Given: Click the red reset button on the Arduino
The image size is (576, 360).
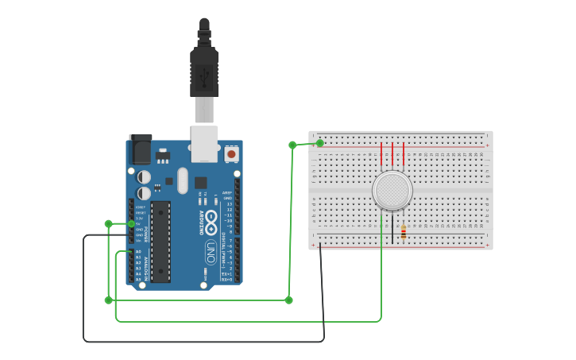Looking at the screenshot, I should point(231,154).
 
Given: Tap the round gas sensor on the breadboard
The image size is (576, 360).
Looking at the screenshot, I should point(392,192).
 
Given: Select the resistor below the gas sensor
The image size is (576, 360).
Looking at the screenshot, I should point(404,232).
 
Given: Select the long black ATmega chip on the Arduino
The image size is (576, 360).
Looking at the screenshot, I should point(160,242).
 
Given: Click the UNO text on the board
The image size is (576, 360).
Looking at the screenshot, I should point(211,253).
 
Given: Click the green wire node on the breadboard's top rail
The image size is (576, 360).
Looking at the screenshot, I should point(320,143).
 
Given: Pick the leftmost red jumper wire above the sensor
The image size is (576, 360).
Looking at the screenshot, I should point(382,153).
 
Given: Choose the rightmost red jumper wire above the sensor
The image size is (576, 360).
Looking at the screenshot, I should point(404,153).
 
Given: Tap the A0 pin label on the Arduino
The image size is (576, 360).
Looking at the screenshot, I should point(138,252).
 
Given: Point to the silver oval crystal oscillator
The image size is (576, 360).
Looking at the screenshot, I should point(183,180).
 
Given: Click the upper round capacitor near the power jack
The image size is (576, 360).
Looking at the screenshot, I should point(145,176).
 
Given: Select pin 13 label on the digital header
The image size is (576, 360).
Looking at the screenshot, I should point(229,203).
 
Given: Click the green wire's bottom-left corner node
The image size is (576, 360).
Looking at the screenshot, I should point(109,300).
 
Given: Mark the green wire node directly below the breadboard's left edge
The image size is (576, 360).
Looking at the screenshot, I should point(288,300).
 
